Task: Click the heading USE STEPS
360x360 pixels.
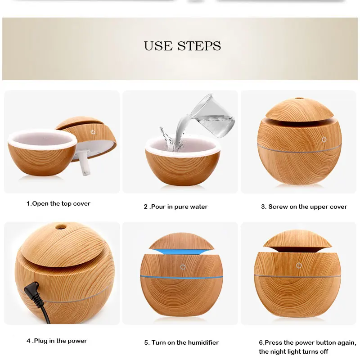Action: point(182,46)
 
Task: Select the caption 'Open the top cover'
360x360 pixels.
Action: point(58,204)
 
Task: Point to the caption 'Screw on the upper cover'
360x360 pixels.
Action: point(304,207)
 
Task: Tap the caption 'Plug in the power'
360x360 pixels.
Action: point(57,341)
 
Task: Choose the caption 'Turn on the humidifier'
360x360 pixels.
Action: point(181,343)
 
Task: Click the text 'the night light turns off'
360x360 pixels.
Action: point(293,351)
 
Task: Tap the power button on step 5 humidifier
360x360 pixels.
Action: point(182,266)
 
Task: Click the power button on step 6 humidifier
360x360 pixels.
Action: point(299,265)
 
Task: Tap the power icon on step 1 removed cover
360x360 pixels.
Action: point(93,132)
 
